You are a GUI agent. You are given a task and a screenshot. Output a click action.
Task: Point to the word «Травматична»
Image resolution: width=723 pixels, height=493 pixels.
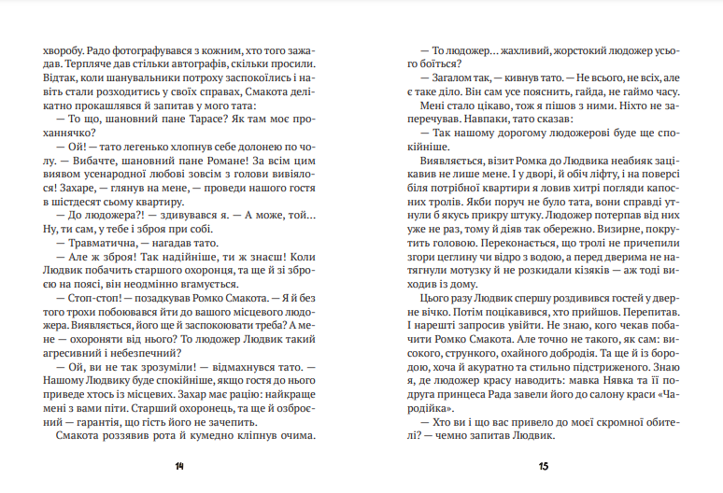pyautogui.click(x=99, y=243)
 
